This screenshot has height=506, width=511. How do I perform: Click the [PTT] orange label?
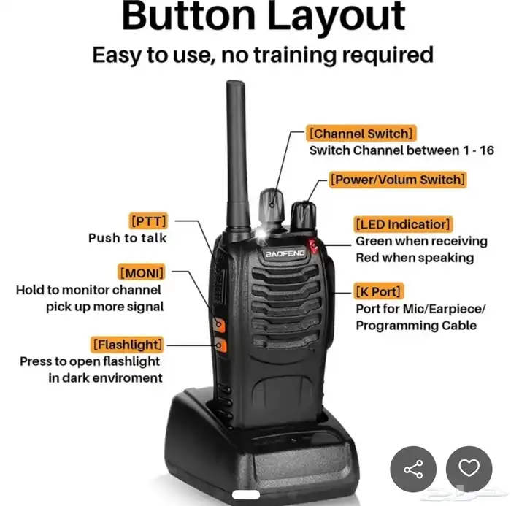[148, 221]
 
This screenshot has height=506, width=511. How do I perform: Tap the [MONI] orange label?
[142, 272]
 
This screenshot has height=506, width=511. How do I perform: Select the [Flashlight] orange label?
[127, 345]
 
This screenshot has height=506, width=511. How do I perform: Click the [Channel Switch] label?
[361, 133]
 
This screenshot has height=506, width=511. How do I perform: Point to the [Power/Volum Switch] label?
[398, 180]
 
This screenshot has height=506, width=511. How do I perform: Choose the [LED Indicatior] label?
[403, 224]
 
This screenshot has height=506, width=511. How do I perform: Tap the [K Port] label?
[378, 291]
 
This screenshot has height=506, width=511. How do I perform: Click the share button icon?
[413, 469]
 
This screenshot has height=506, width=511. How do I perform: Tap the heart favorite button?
[469, 469]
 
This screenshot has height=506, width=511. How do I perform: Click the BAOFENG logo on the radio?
[285, 253]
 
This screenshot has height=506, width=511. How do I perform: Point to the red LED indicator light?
[313, 246]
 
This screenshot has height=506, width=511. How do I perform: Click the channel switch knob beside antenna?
[272, 207]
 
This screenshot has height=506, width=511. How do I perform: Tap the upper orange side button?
[219, 325]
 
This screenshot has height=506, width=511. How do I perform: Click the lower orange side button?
[220, 345]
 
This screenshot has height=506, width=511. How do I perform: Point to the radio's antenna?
[237, 156]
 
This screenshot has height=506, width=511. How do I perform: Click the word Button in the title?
[188, 16]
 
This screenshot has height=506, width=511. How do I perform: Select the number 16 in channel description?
[487, 150]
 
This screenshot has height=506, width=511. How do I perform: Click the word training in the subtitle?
[295, 55]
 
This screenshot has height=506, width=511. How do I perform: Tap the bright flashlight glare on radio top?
[261, 234]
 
